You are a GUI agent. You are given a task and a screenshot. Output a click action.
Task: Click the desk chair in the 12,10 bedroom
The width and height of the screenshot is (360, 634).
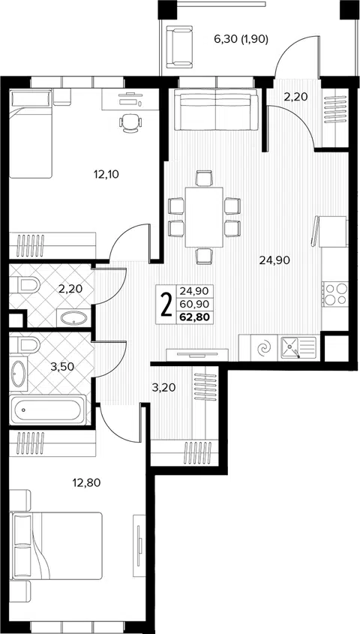[x=130, y=122]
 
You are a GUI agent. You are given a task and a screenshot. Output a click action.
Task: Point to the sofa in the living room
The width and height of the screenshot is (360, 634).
[x=216, y=110]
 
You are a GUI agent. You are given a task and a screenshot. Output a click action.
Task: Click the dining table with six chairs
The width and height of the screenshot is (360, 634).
[x=204, y=217]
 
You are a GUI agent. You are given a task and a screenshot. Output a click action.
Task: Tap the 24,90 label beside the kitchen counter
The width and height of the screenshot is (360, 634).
[x=275, y=260]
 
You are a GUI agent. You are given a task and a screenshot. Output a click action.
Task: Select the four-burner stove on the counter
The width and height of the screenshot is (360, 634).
[x=335, y=294]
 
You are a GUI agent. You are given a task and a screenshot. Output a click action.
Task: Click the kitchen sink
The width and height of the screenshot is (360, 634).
[x=298, y=347]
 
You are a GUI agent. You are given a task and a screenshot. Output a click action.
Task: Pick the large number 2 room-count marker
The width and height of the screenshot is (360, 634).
[x=166, y=305]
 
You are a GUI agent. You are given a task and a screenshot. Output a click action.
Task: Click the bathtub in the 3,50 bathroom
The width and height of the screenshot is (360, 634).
[x=48, y=410]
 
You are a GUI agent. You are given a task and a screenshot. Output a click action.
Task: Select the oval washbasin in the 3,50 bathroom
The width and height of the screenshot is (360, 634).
[x=18, y=373]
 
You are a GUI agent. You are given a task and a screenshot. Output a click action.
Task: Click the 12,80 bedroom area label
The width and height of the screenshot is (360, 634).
[x=86, y=482]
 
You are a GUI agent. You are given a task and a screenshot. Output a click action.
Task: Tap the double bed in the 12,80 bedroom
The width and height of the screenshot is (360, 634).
[x=55, y=546]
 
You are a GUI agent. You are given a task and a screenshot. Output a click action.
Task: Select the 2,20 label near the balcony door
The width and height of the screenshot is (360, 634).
[x=295, y=97]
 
